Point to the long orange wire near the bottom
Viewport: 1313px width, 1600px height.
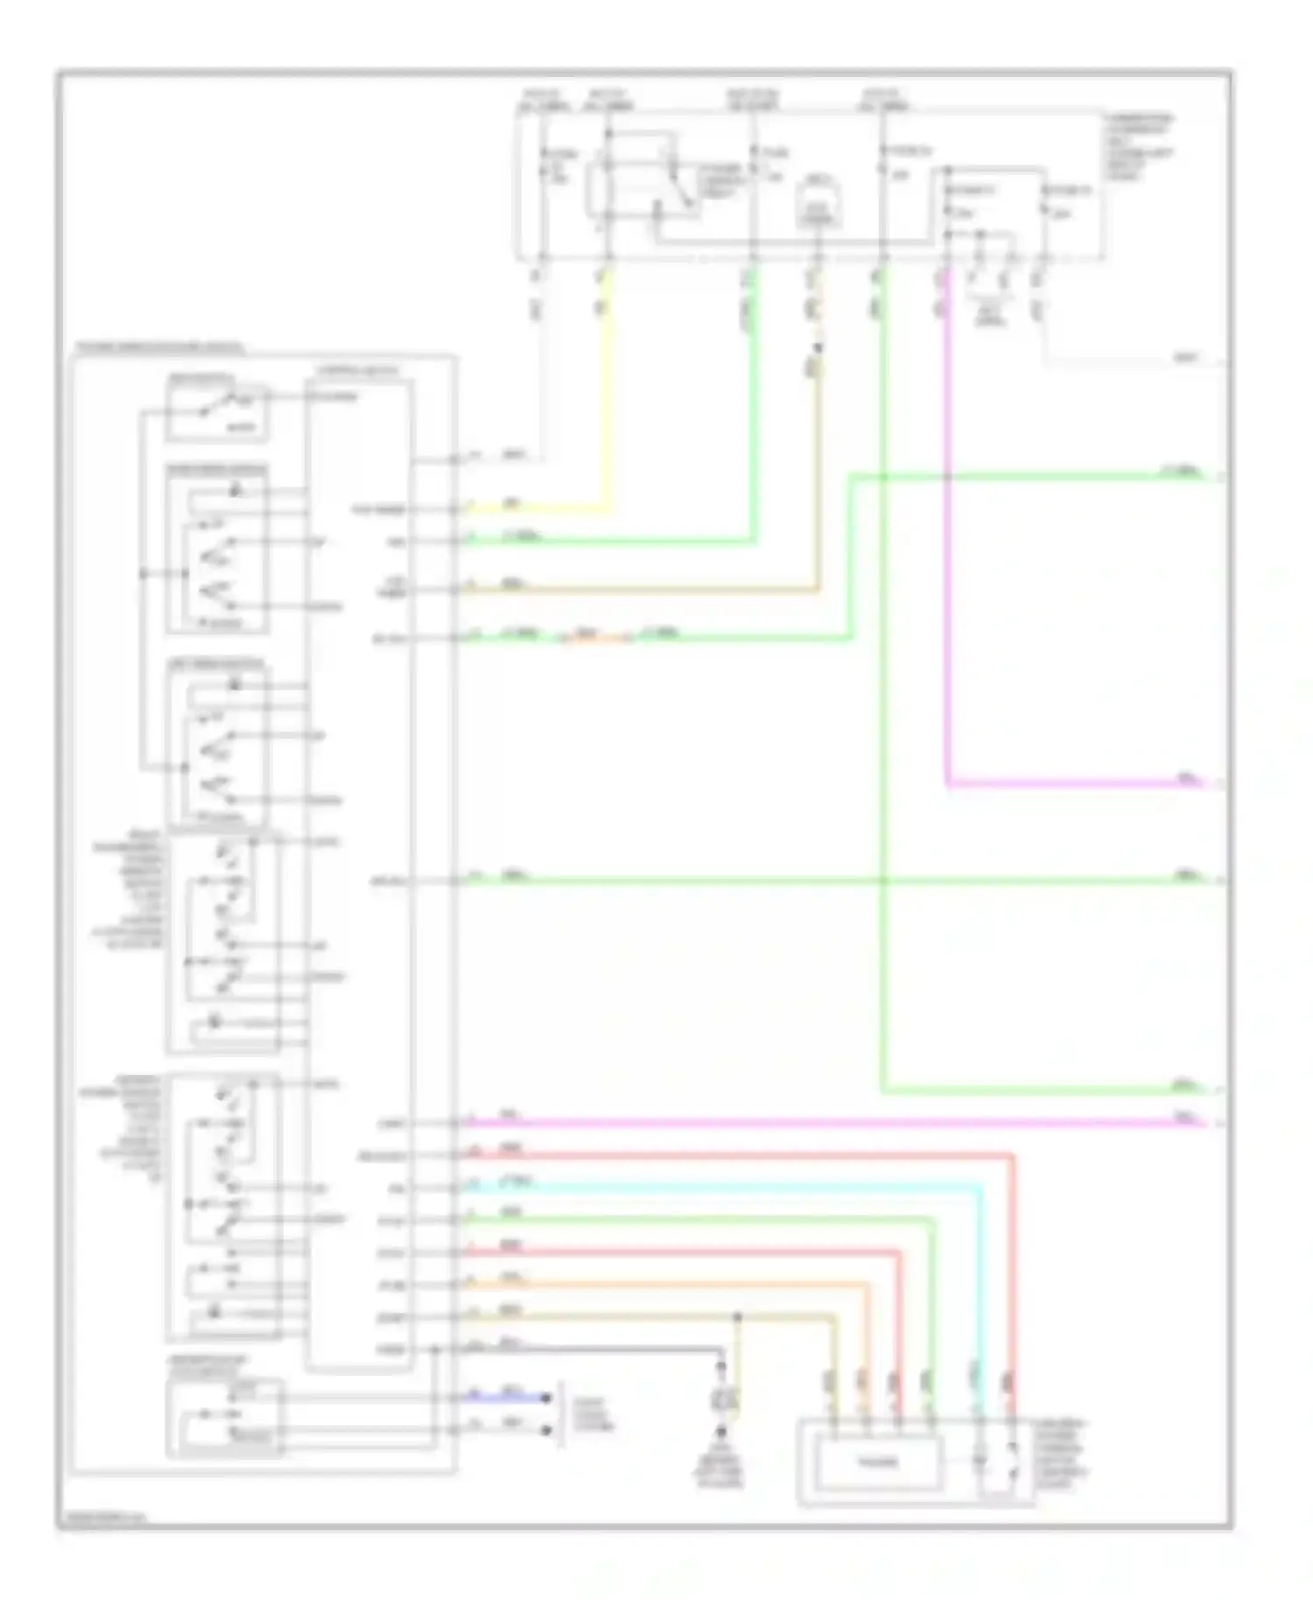click(x=665, y=1285)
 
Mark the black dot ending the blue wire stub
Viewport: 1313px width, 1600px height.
click(x=548, y=1398)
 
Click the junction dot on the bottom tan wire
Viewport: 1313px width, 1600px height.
click(x=738, y=1317)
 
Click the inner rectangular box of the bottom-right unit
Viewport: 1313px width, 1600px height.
click(x=878, y=1463)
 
